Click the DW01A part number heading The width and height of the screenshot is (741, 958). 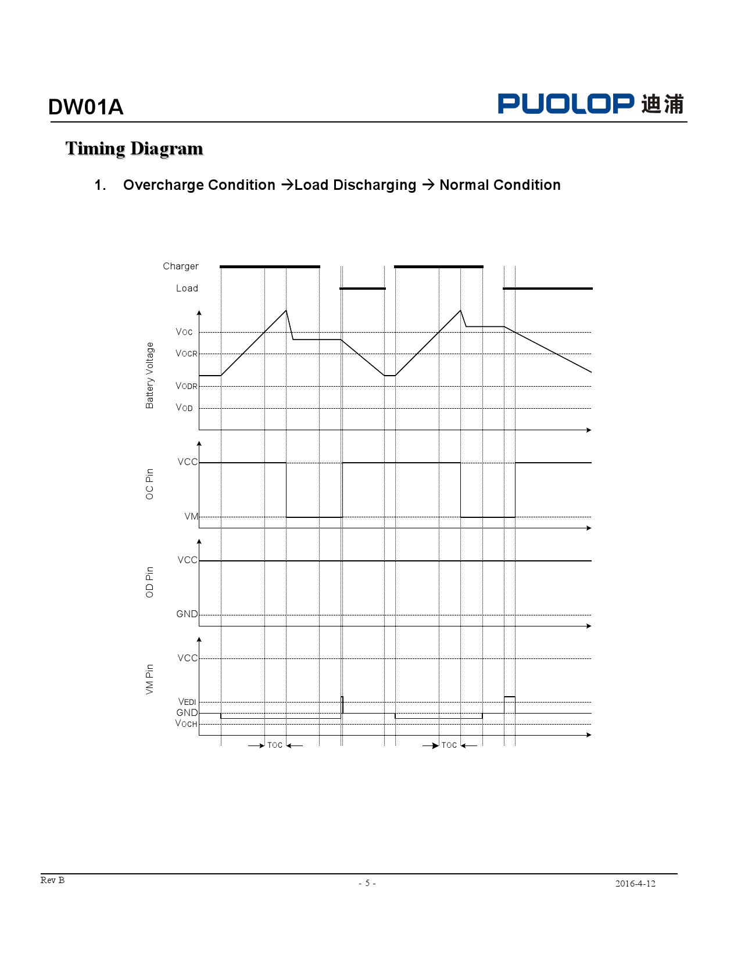pos(86,107)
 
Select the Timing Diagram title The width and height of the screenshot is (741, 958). pos(134,149)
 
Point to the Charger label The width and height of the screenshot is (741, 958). pos(180,266)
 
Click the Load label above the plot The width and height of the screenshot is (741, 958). pos(187,289)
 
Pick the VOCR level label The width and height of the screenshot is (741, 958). pos(187,354)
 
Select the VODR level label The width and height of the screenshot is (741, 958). pos(187,386)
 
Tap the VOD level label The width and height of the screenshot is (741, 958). pos(184,408)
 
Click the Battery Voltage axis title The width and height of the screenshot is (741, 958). pos(150,375)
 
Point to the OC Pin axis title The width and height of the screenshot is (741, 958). pos(150,484)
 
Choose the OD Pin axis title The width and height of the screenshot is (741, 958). pos(150,582)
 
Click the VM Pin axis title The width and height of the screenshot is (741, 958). pos(150,679)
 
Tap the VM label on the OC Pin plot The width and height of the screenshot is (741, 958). pos(191,517)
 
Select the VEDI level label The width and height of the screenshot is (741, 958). pos(187,702)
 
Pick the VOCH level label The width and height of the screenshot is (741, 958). pos(186,724)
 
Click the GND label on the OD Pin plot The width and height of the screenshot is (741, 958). pos(187,614)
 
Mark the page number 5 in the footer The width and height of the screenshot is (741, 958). pos(367,883)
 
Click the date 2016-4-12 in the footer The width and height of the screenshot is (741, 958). pos(635,884)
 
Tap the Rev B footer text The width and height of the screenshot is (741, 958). pos(52,880)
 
